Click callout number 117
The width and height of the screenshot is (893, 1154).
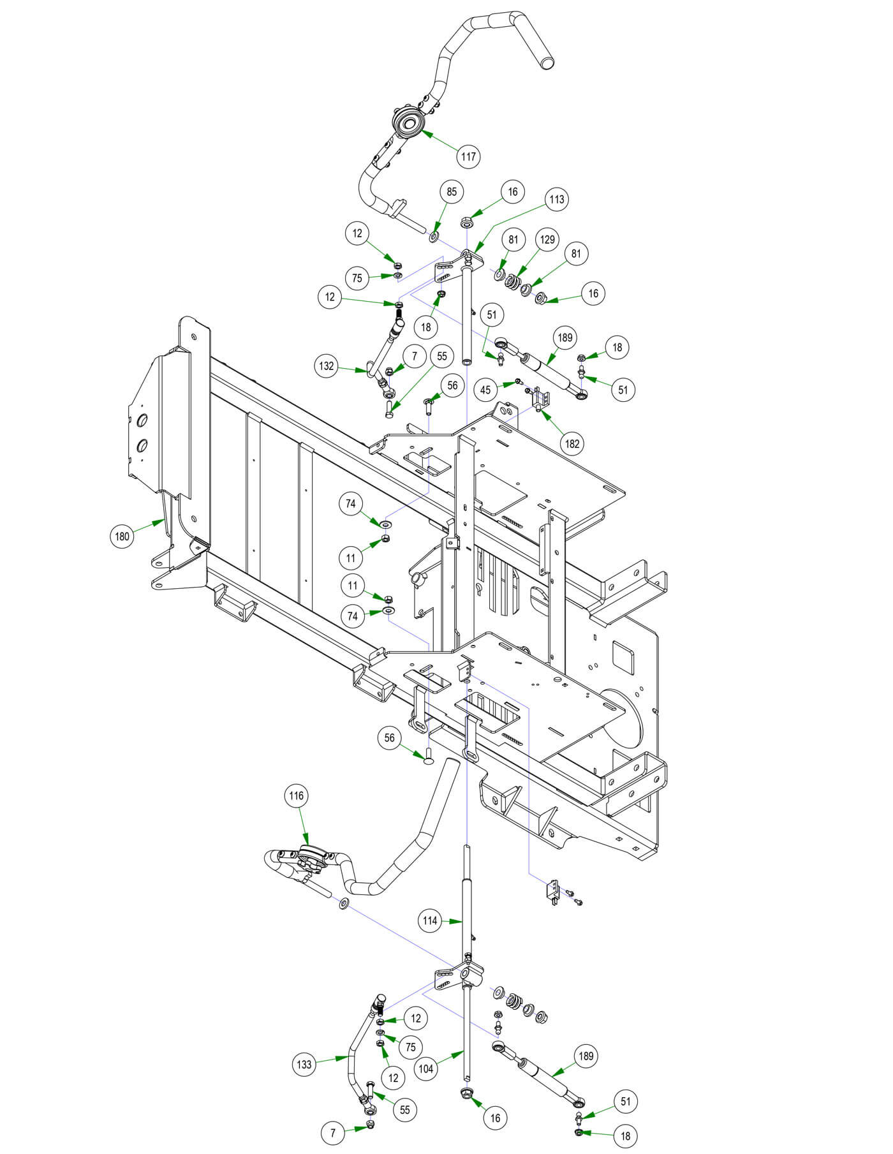coord(468,156)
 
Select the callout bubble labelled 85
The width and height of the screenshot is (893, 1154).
coord(452,192)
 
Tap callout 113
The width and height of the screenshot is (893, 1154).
coord(556,200)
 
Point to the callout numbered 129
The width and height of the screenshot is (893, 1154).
coord(547,240)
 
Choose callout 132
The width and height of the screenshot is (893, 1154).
coord(327,366)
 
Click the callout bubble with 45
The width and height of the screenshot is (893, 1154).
coord(486,389)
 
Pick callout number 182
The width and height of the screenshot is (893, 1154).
coord(572,443)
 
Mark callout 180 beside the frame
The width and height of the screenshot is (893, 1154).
coord(122,536)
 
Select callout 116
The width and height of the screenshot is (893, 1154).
coord(296,795)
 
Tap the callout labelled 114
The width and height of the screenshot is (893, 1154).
coord(430,921)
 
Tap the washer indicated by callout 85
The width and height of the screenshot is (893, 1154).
coord(434,238)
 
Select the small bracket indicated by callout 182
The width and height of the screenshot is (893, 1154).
coord(541,398)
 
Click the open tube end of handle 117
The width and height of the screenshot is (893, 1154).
coord(545,63)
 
